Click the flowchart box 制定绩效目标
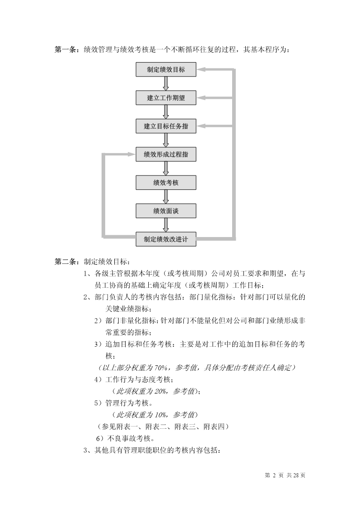coord(166,69)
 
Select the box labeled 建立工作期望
coord(166,98)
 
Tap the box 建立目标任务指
coord(166,126)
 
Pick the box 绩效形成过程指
coord(166,154)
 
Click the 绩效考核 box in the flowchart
coord(166,183)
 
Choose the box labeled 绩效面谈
coord(166,211)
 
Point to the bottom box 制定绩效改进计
coord(166,239)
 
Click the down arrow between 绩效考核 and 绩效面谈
coord(166,197)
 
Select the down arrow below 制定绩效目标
coord(166,84)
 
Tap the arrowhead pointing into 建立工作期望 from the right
coord(201,98)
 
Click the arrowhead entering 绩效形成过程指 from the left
coord(131,154)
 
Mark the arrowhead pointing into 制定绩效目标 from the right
coord(201,69)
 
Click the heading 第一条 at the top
coord(65,50)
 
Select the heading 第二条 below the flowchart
coord(65,262)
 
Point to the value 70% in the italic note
coord(161,368)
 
